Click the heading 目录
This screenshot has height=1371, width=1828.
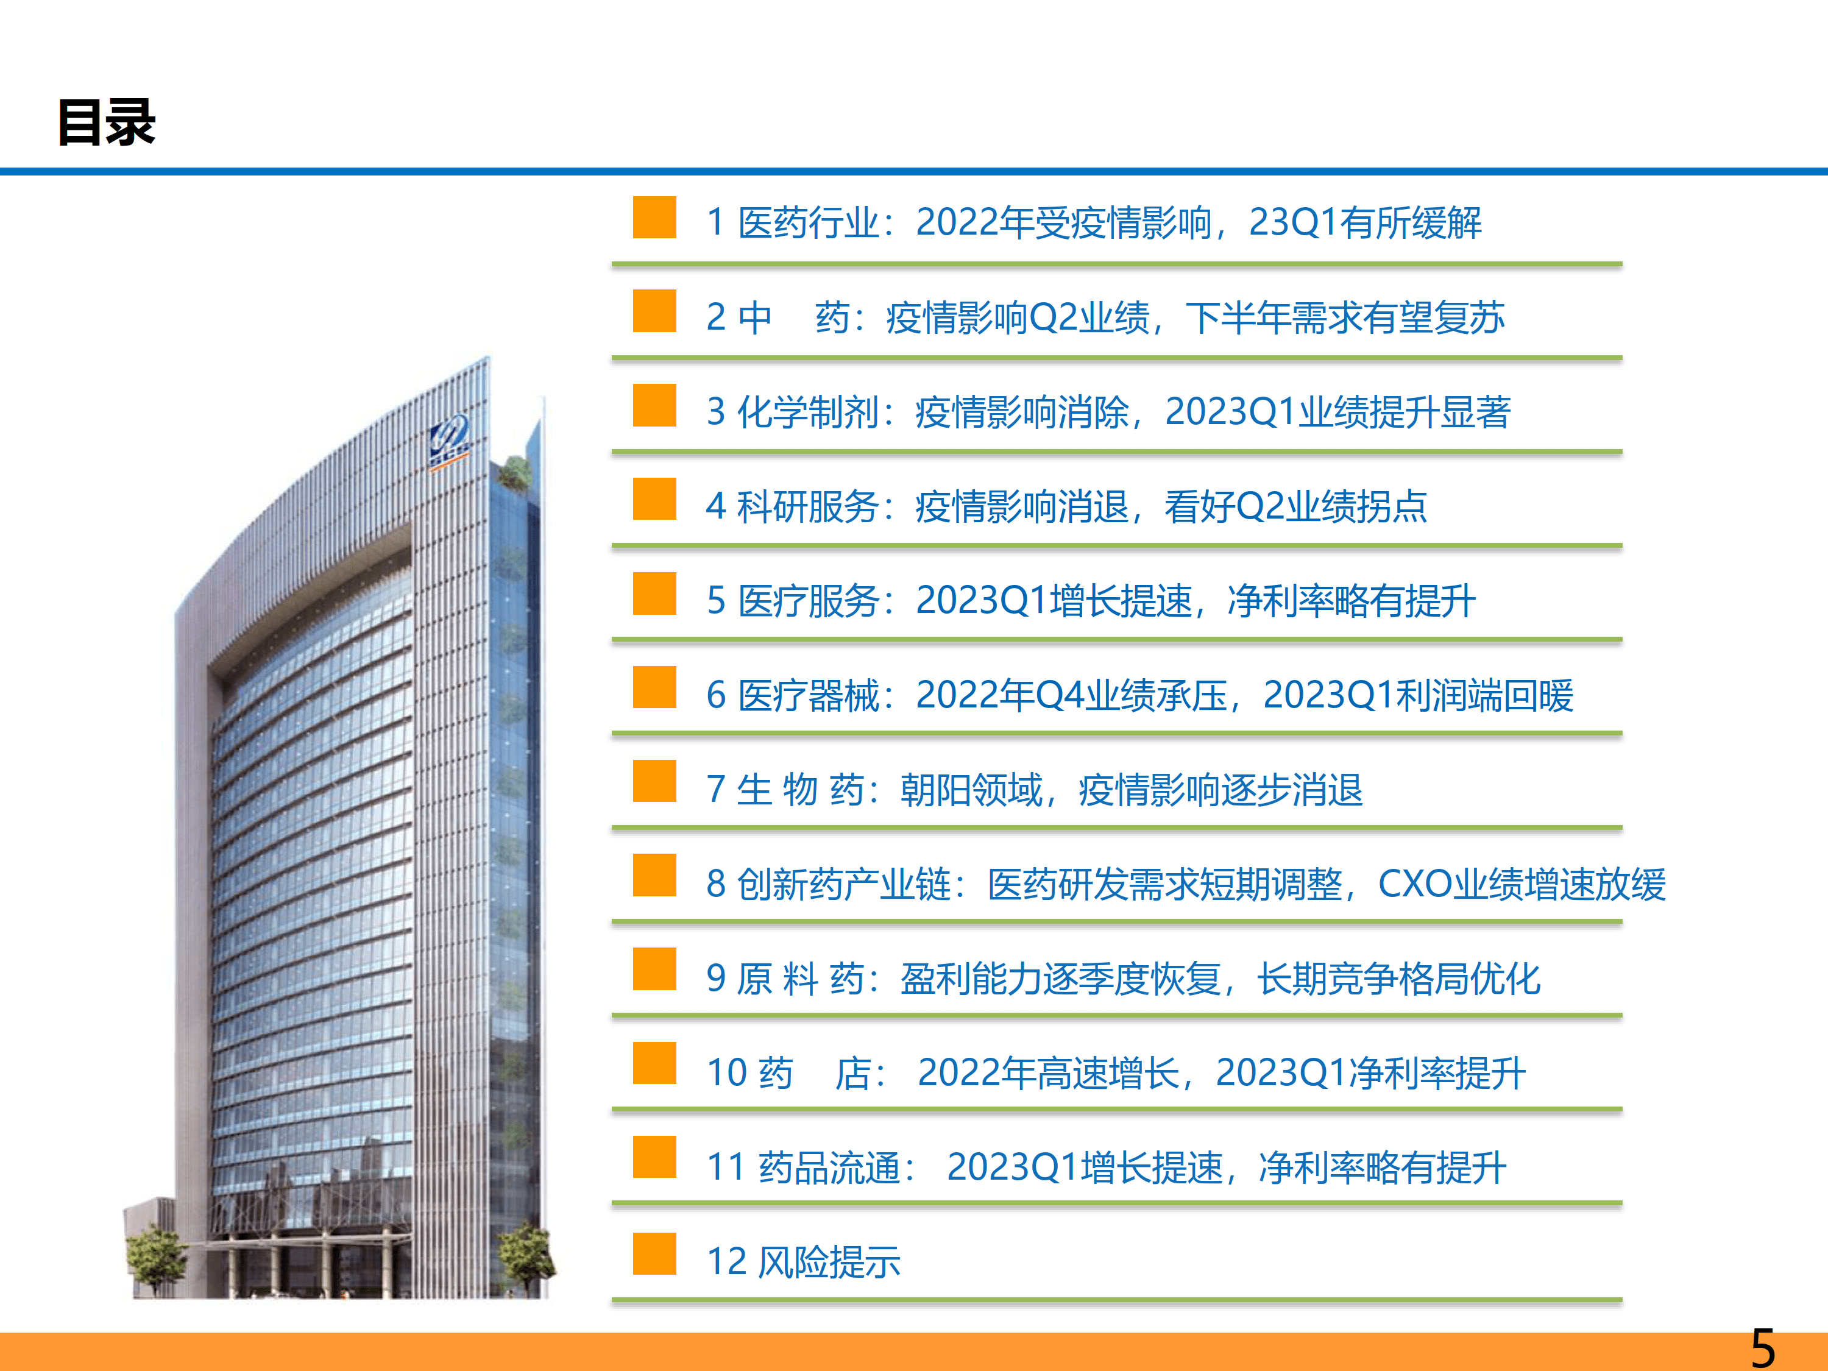point(107,122)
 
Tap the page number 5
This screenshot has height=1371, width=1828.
point(1763,1348)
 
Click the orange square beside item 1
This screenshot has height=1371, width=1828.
point(654,218)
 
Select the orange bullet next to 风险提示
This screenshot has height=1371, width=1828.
point(654,1253)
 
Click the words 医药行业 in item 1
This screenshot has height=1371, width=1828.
point(808,222)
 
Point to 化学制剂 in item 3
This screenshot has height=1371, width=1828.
point(807,411)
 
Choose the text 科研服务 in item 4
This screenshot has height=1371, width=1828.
point(807,506)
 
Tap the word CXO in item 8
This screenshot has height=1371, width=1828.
point(1415,884)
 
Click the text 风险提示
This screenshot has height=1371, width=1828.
point(829,1262)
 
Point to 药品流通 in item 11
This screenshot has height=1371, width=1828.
point(829,1167)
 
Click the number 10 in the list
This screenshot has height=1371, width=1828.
point(727,1072)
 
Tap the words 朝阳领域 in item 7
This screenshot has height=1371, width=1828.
point(971,789)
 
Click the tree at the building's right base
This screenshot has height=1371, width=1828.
point(526,1256)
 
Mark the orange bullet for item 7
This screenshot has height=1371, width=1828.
point(654,781)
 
